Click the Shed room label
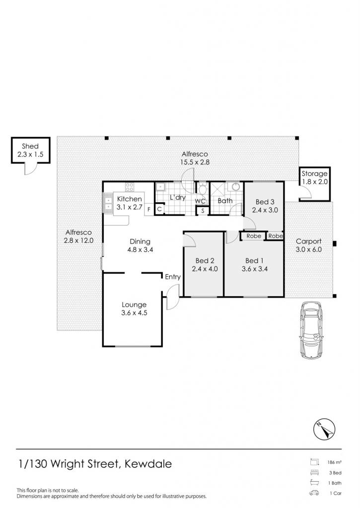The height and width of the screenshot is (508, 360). click(x=30, y=146)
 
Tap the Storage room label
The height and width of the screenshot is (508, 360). click(x=314, y=173)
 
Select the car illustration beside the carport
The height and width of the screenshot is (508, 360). click(x=311, y=330)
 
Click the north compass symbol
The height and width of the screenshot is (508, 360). click(x=324, y=429)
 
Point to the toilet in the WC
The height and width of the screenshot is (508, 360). click(x=203, y=189)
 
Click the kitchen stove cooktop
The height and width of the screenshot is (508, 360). click(x=130, y=187)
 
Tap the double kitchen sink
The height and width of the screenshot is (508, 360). click(x=107, y=203)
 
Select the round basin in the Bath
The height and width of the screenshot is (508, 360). click(x=236, y=187)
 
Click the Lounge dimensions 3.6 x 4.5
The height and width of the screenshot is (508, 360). click(x=134, y=313)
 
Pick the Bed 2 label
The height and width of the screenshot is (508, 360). click(x=205, y=261)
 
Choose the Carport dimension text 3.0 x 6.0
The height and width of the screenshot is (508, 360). click(x=309, y=250)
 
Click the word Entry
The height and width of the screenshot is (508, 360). click(x=172, y=277)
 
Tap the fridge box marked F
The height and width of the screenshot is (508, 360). click(x=149, y=209)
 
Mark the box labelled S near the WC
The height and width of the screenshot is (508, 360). click(x=203, y=211)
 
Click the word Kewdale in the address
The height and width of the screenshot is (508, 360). click(x=148, y=464)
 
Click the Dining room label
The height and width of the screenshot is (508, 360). click(x=140, y=242)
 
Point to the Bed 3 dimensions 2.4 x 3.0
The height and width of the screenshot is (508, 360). click(x=265, y=210)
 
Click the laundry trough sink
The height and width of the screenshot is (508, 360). click(x=160, y=187)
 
